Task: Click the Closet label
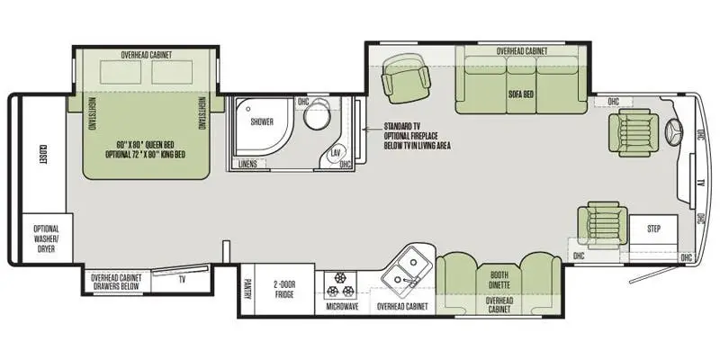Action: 42,155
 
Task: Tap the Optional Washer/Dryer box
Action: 46,240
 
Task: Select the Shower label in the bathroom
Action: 262,121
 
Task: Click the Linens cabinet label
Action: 247,164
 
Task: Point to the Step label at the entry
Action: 653,229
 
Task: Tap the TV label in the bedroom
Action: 182,279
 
